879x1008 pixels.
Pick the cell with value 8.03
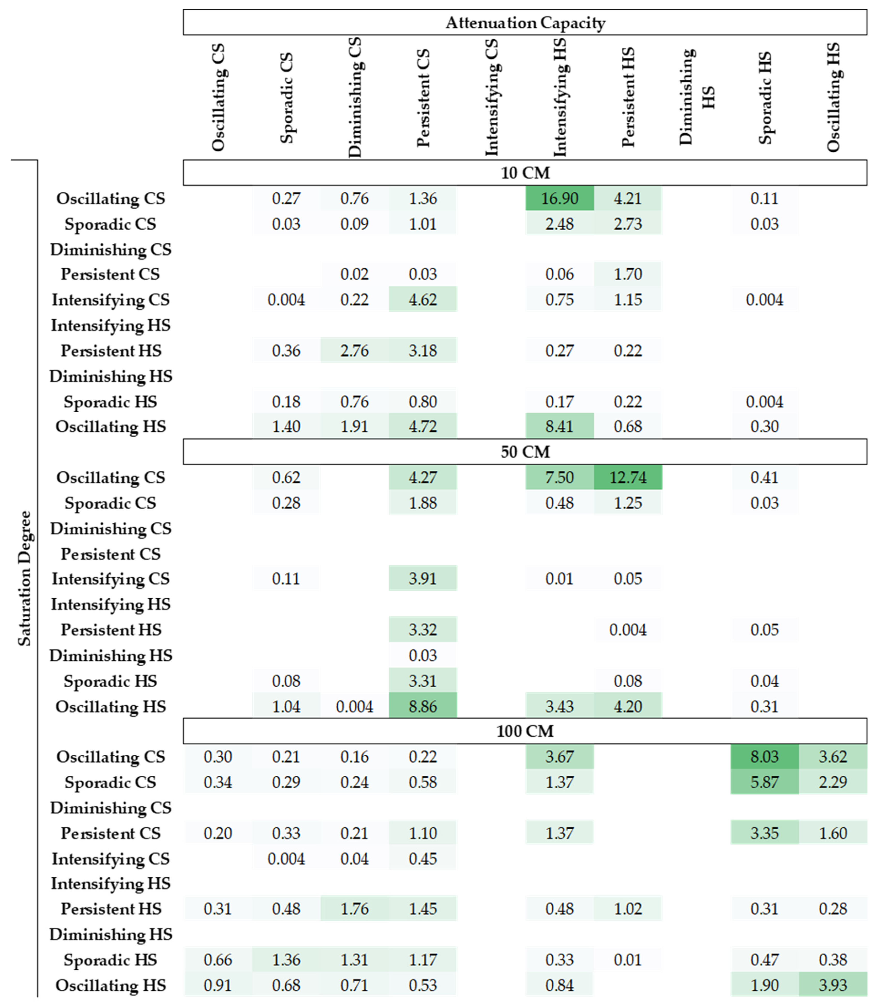[x=764, y=757]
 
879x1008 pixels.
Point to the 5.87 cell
[x=764, y=782]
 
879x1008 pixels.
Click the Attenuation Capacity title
[x=525, y=23]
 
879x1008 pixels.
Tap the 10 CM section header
[x=525, y=173]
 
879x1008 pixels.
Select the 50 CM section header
[x=525, y=451]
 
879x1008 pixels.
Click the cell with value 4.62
[x=422, y=299]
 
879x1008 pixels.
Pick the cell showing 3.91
[x=422, y=579]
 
